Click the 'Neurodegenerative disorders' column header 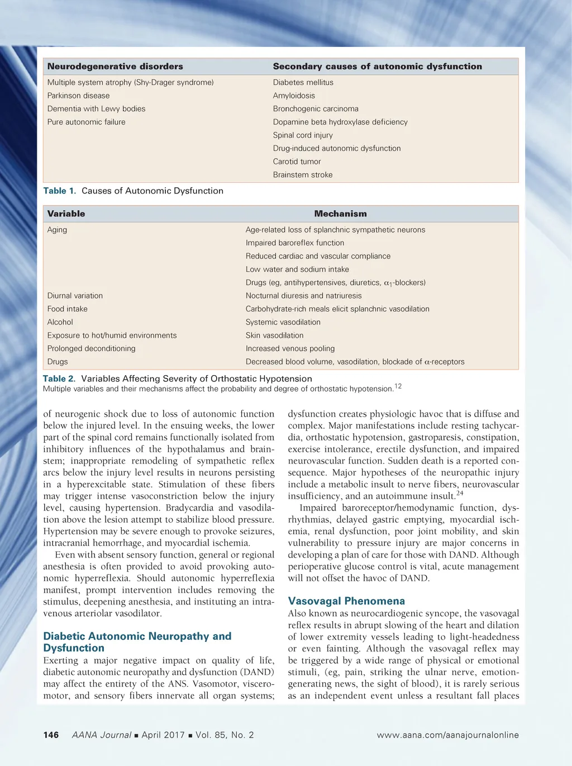115,67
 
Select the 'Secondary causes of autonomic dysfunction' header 377,67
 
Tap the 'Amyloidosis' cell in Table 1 294,96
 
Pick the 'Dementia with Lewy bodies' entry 96,109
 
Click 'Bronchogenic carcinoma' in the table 316,109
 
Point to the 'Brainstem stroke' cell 303,175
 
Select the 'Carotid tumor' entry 297,162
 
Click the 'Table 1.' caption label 60,191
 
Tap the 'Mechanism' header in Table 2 340,214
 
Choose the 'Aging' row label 57,230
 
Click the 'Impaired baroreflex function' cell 295,243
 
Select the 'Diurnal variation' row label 75,296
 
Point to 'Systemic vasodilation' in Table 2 283,322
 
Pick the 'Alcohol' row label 60,322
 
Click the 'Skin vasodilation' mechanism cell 275,335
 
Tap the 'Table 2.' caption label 59,379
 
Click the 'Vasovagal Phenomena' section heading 346,601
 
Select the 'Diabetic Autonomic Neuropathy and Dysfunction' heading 137,642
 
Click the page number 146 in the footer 51,735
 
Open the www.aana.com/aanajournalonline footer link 447,735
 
